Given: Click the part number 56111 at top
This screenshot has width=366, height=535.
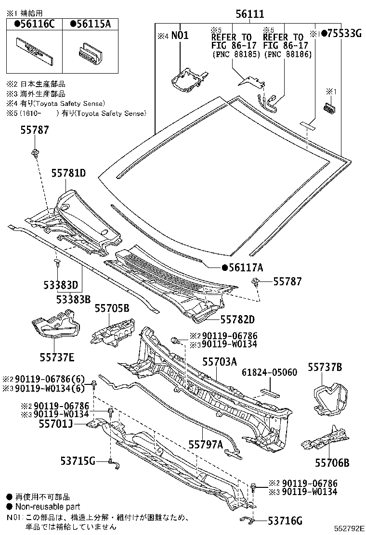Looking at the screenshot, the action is click(250, 14).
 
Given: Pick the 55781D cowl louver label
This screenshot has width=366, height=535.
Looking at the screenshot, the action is click(68, 173).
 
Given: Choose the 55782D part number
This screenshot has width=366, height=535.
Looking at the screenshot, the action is click(237, 319).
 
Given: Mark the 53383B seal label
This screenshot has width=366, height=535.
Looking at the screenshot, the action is click(73, 299).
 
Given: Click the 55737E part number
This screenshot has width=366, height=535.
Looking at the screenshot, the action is click(57, 357).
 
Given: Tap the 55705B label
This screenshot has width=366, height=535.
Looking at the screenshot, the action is click(112, 308).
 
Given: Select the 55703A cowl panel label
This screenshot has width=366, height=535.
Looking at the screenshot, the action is click(220, 362).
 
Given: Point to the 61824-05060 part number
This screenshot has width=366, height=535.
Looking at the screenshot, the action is click(269, 372).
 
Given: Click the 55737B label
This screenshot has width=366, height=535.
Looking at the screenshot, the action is click(325, 367).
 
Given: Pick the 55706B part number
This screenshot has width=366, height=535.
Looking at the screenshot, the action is click(332, 463).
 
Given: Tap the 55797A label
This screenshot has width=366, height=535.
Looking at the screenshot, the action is click(206, 444).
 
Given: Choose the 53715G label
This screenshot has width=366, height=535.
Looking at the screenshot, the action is click(78, 461).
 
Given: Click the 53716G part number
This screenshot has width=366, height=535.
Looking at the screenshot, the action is click(285, 521).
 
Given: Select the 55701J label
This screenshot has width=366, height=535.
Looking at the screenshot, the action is click(56, 424).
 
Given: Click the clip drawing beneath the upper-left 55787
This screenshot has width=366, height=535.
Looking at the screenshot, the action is click(34, 153).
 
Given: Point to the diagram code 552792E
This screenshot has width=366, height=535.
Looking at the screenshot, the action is click(349, 529).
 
